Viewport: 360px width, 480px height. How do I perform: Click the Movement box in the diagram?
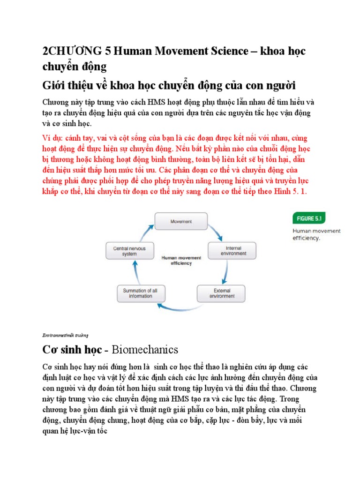[x=181, y=221]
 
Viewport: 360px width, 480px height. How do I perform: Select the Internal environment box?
[x=232, y=250]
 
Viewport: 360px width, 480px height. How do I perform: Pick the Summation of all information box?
[x=140, y=293]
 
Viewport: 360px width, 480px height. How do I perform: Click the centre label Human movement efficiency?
[x=181, y=260]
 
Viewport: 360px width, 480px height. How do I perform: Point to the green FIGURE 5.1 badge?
[x=309, y=218]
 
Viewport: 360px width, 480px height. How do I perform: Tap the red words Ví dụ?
[x=52, y=139]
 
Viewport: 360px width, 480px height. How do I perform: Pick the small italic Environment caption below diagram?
[x=62, y=335]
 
